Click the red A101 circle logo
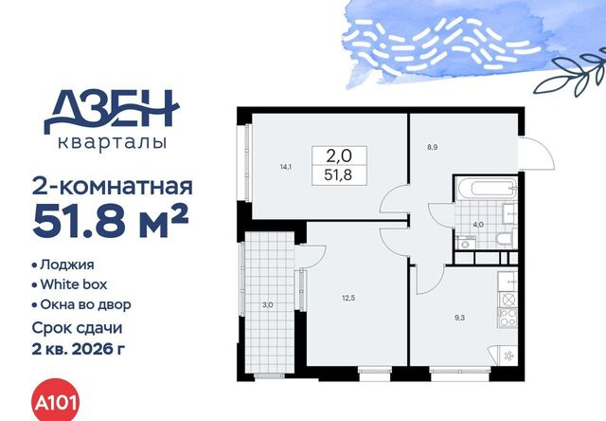pos(55,402)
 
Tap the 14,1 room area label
pos(286,168)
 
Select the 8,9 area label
pos(433,147)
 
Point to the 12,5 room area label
pos(348,298)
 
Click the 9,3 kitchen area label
pos(459,318)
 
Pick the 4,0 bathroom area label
pos(478,225)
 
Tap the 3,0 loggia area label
pos(267,305)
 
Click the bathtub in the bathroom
pos(487,189)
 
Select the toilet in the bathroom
pos(505,240)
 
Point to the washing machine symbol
pos(464,242)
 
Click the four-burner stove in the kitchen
pos(508,318)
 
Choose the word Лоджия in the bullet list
pos(67,265)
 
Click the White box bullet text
pos(74,284)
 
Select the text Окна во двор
pos(86,305)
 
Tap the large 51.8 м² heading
pos(112,222)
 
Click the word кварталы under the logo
pos(113,143)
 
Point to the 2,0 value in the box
pos(339,156)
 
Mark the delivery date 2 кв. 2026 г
pos(79,350)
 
